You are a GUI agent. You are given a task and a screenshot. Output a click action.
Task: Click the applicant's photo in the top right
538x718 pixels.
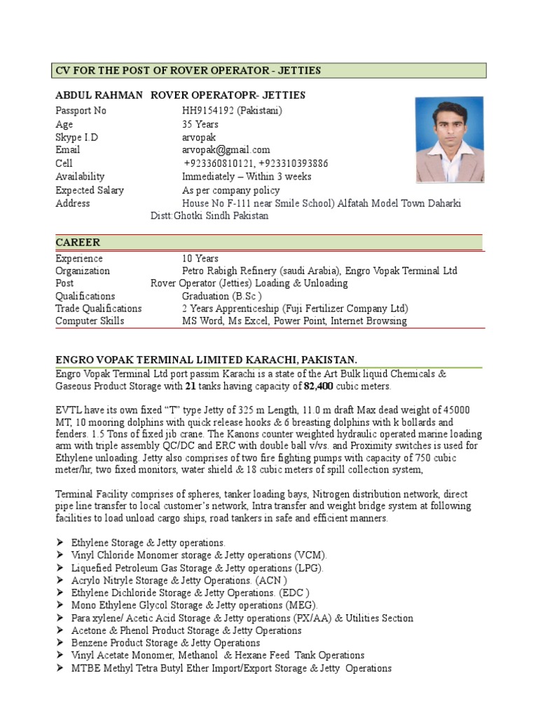[449, 140]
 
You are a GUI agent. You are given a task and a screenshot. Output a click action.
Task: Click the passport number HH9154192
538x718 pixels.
[207, 111]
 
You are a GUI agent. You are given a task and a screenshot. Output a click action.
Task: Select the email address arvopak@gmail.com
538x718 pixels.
[226, 150]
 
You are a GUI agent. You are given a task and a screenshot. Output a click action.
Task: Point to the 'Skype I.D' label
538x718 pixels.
[77, 137]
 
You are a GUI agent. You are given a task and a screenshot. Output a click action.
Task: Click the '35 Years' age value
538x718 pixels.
[200, 124]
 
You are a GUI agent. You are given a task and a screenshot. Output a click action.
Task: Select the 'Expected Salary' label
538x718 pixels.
[90, 190]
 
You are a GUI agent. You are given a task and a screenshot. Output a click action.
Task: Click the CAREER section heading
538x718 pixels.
[78, 243]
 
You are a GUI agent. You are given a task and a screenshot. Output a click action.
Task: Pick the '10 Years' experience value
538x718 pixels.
[200, 258]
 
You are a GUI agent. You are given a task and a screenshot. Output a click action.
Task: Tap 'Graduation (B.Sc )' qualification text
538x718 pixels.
[222, 296]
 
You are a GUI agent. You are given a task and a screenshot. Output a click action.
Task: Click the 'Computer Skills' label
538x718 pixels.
[90, 321]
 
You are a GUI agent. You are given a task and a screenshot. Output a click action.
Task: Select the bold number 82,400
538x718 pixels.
[319, 386]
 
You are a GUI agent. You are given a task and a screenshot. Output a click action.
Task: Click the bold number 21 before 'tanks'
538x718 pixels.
[191, 386]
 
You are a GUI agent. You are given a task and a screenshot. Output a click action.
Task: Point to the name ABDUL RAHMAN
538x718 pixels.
[99, 95]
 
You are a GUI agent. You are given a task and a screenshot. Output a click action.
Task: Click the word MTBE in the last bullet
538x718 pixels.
[85, 668]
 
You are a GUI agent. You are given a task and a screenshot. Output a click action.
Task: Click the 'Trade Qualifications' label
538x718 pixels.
[99, 309]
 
